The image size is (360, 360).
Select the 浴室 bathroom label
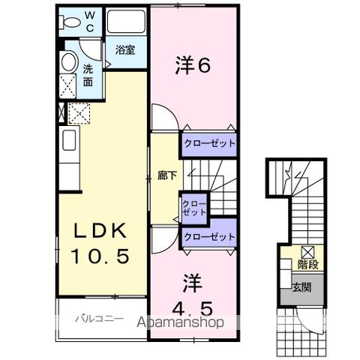[125, 50]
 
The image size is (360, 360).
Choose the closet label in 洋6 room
[209, 143]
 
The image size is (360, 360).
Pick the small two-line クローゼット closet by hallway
[193, 208]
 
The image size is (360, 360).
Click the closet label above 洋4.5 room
[209, 237]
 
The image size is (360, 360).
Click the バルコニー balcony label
[98, 319]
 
